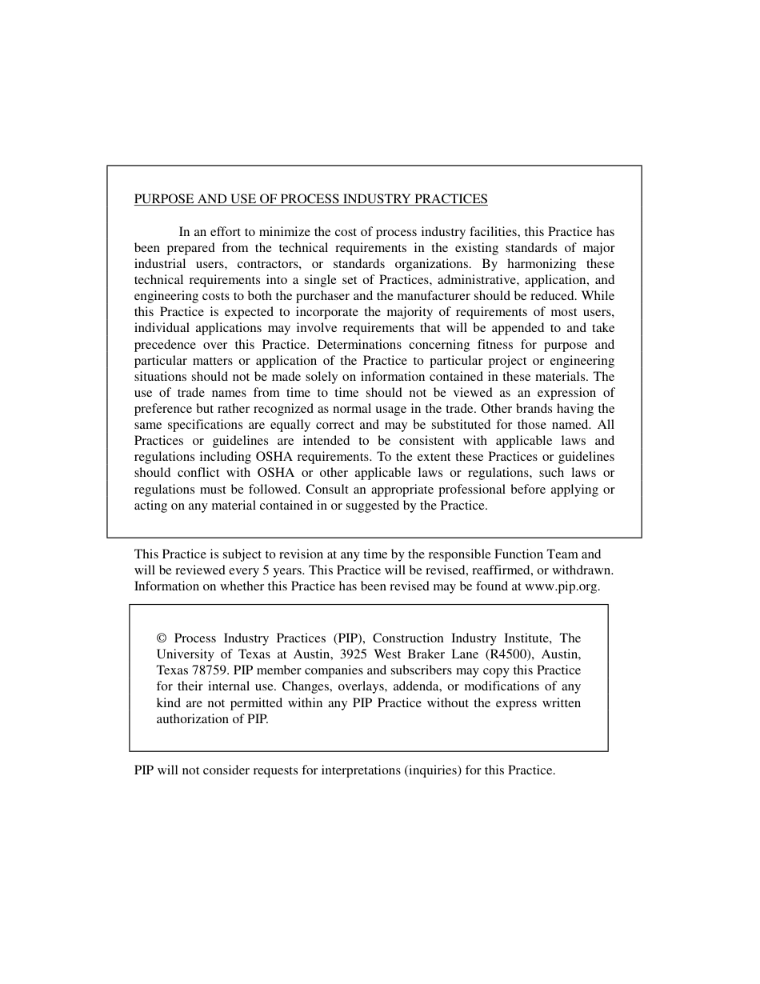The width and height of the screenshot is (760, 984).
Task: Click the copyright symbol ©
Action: point(162,638)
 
